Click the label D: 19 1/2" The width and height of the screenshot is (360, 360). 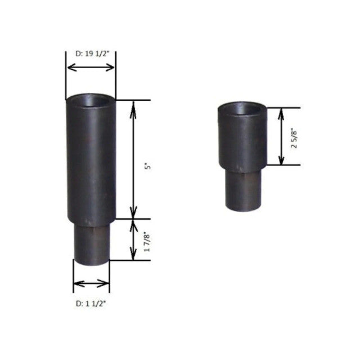pyautogui.click(x=91, y=54)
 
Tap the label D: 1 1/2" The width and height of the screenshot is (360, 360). pyautogui.click(x=91, y=303)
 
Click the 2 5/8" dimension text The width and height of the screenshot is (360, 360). pyautogui.click(x=294, y=137)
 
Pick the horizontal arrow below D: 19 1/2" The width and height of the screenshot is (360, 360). pyautogui.click(x=91, y=67)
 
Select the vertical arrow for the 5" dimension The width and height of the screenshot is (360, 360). pyautogui.click(x=133, y=159)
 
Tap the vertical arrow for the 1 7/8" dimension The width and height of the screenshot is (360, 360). pyautogui.click(x=133, y=240)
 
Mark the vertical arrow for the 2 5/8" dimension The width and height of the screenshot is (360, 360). pyautogui.click(x=281, y=137)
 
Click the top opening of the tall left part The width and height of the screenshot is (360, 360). pyautogui.click(x=92, y=101)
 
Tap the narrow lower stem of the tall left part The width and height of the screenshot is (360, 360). pyautogui.click(x=92, y=242)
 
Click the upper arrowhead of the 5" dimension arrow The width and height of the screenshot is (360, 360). pyautogui.click(x=133, y=106)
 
